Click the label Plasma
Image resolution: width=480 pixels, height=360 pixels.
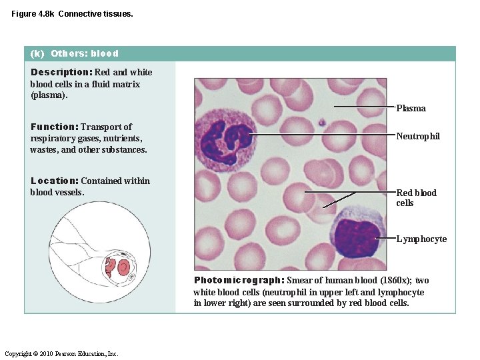click(x=411, y=109)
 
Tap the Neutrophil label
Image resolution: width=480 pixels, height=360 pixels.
click(x=418, y=136)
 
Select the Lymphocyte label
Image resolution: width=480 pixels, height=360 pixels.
click(x=421, y=239)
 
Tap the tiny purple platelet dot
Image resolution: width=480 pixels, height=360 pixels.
click(x=321, y=123)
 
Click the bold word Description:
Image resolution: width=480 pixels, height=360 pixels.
click(x=61, y=72)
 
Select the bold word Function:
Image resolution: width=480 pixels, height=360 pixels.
click(x=55, y=127)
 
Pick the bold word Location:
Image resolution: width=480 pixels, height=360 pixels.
click(x=55, y=181)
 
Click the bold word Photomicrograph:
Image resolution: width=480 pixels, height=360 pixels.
click(x=239, y=281)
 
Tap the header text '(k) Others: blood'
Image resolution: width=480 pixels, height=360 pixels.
click(x=75, y=53)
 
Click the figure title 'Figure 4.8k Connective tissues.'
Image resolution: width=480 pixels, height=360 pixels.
click(x=72, y=13)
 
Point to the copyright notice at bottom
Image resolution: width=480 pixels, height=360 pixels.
click(x=61, y=353)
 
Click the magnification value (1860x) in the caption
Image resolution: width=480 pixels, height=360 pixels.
click(x=399, y=281)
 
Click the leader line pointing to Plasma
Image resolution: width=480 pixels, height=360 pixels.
click(x=363, y=106)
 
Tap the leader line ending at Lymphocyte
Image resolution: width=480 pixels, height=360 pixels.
click(x=385, y=238)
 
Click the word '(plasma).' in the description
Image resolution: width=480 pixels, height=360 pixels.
click(x=49, y=95)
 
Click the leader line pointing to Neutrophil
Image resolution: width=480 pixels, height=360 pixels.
click(x=320, y=135)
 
